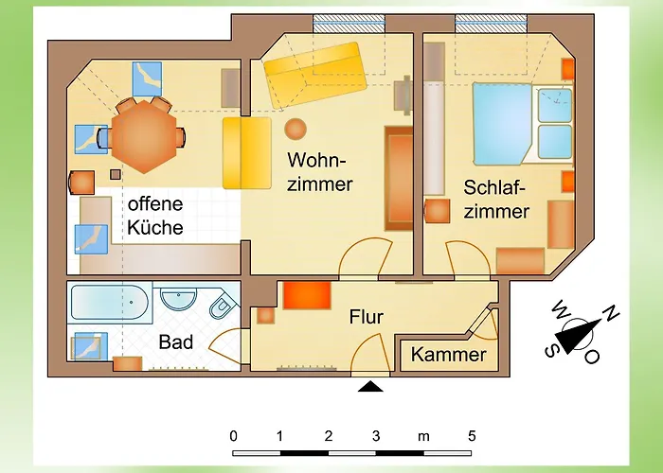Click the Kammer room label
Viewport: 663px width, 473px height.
[x=448, y=356]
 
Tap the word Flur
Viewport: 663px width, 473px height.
[x=366, y=317]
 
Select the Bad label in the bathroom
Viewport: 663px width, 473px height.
[x=176, y=342]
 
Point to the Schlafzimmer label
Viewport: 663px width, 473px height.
[x=496, y=199]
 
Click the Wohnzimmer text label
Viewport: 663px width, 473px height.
[x=320, y=170]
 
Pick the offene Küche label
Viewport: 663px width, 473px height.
[x=155, y=216]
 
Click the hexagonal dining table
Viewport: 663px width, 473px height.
[x=142, y=137]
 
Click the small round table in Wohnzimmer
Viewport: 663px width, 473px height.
[x=296, y=128]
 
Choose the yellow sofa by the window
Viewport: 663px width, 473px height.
[x=314, y=73]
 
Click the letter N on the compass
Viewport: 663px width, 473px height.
[x=613, y=313]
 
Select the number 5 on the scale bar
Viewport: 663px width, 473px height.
[x=471, y=436]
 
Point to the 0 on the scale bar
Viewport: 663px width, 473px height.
[x=233, y=436]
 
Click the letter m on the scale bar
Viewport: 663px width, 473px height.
[x=423, y=436]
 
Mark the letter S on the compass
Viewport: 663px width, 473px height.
[x=549, y=349]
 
